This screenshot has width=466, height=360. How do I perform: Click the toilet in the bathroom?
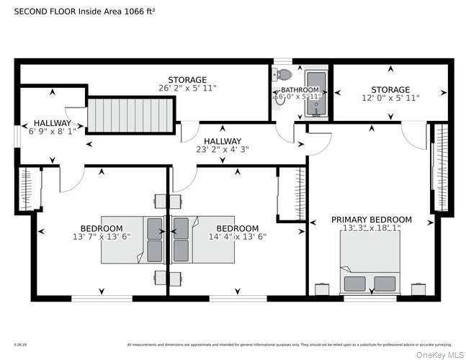(284, 74)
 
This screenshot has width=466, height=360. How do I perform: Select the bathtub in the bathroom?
(315, 93)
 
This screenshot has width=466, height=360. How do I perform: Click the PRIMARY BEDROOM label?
(371, 220)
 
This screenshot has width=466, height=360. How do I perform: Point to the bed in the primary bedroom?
(369, 263)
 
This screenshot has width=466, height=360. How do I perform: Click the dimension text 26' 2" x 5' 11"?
(187, 88)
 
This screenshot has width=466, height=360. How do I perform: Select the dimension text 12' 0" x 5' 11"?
(390, 97)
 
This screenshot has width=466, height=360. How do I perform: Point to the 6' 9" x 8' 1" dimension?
(52, 132)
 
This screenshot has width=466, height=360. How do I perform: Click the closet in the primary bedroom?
(439, 168)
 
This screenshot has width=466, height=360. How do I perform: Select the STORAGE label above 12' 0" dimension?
(390, 89)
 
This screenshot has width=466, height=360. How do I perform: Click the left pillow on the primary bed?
(354, 283)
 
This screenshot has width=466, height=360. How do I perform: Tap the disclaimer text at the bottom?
(289, 344)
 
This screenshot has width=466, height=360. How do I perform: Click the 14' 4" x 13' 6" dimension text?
(237, 236)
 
